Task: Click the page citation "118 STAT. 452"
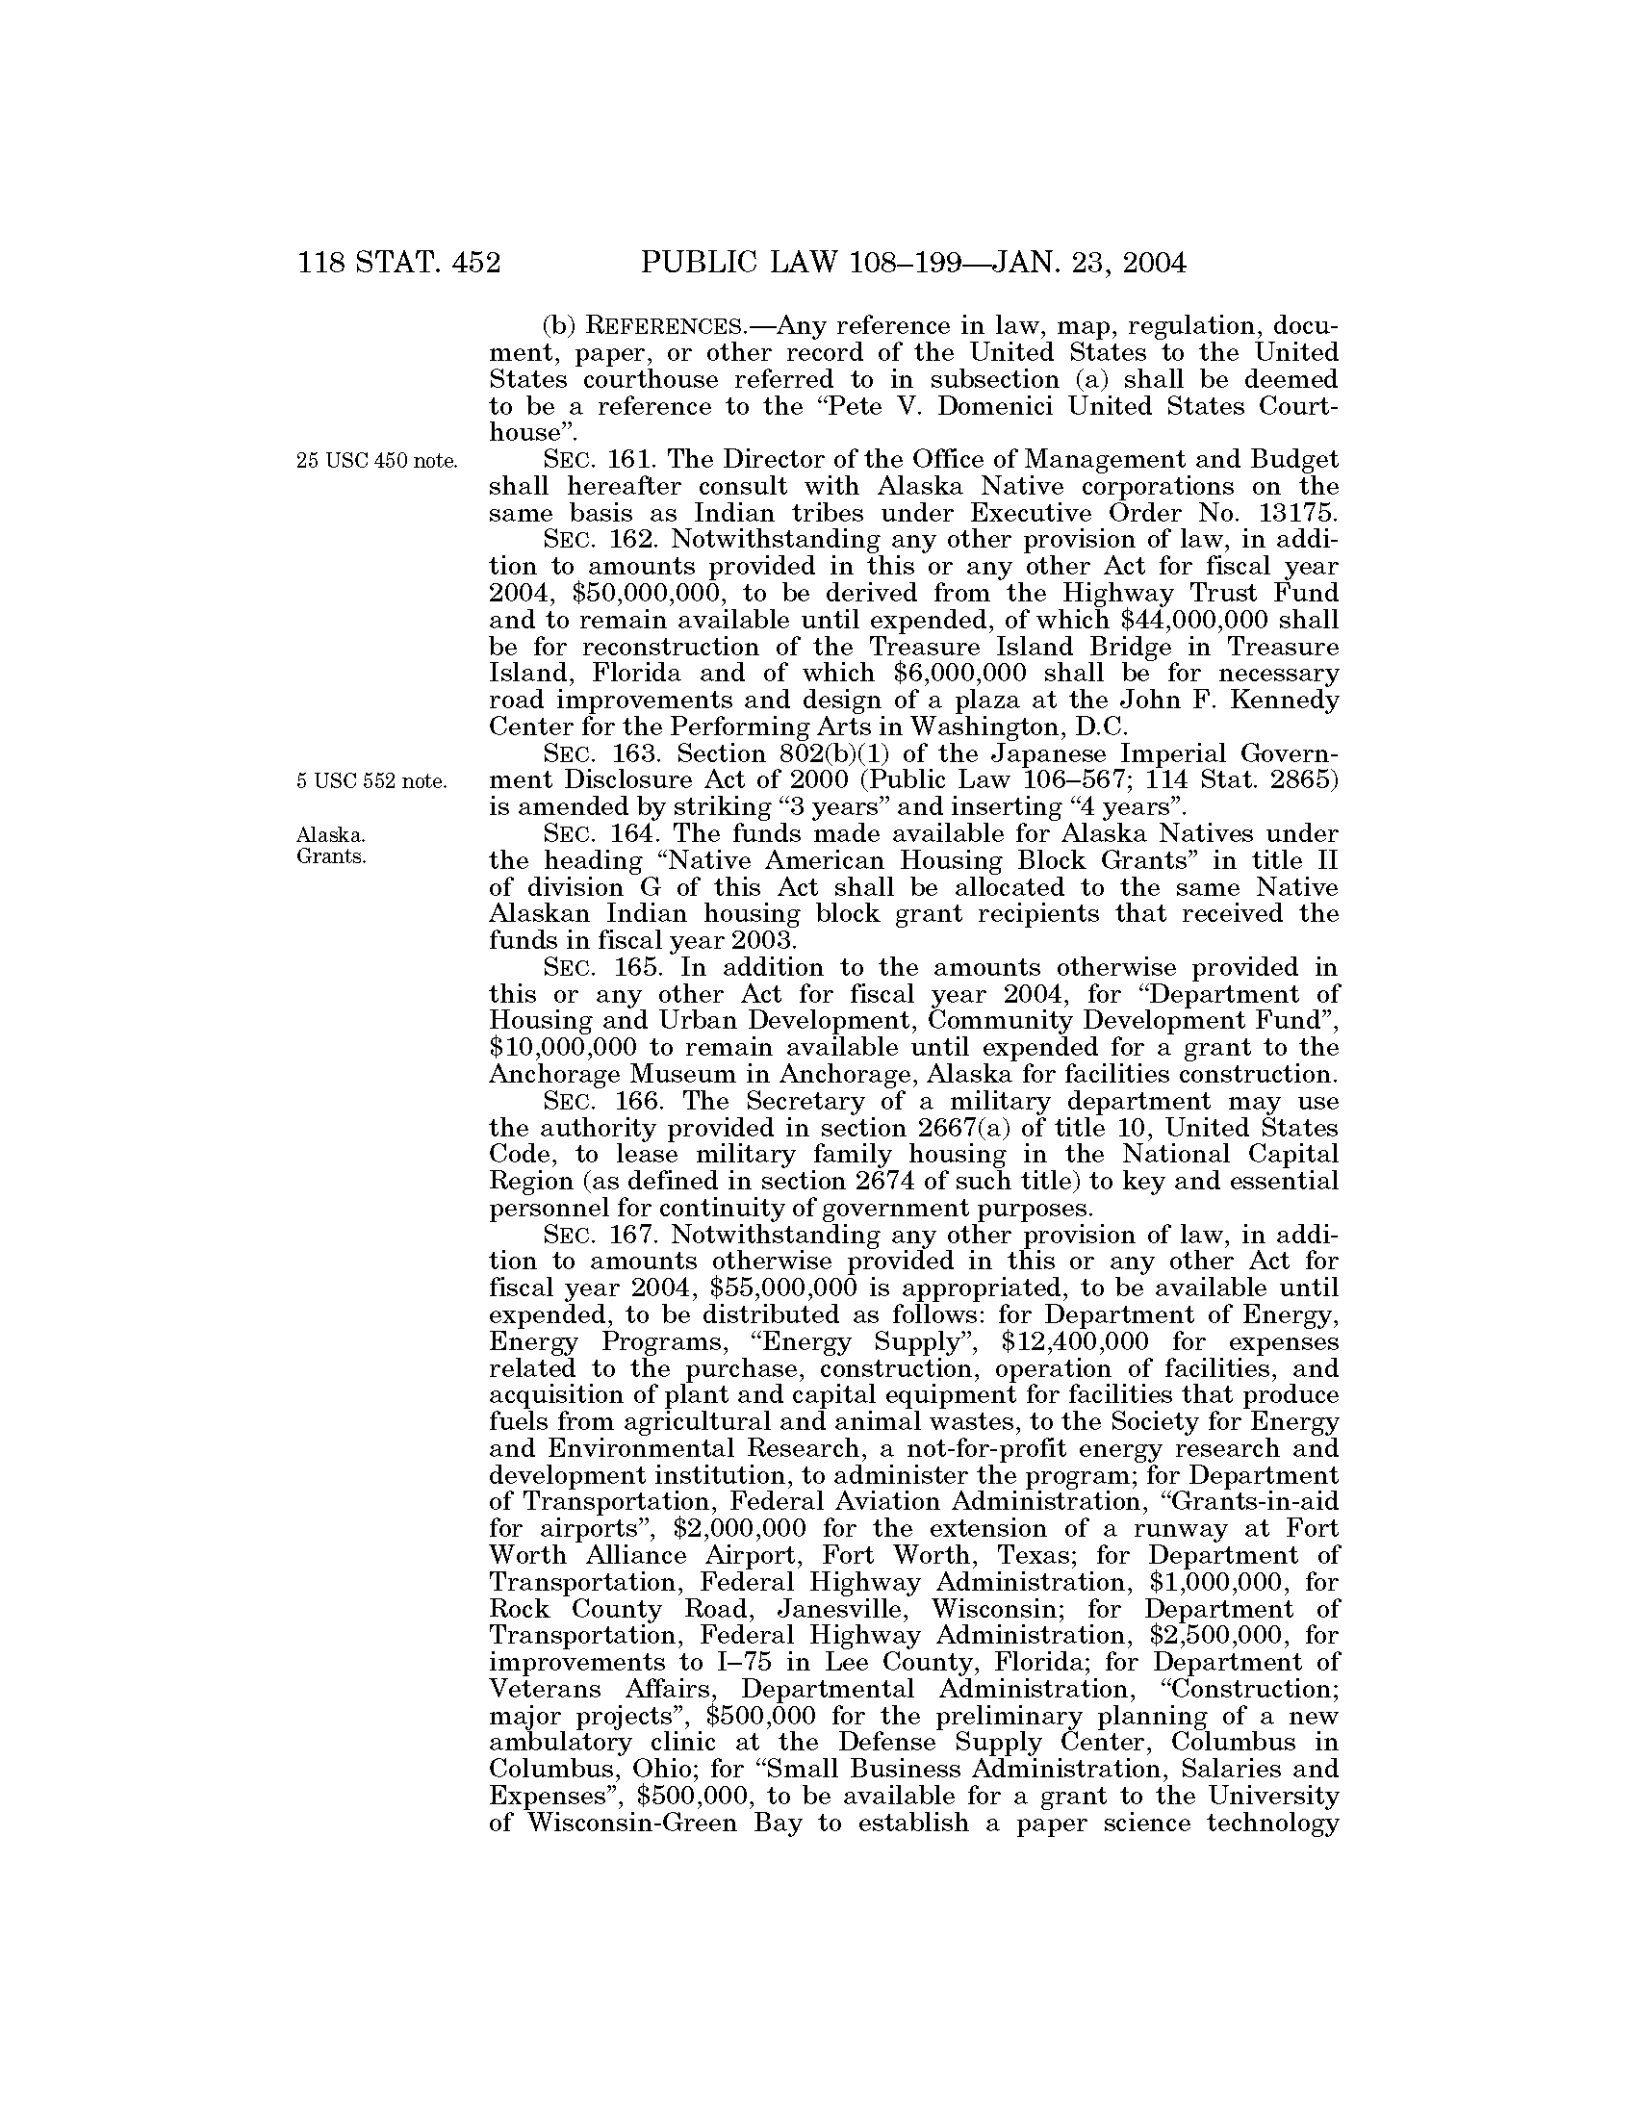399,263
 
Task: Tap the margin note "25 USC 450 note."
377,461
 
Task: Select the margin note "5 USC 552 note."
372,781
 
